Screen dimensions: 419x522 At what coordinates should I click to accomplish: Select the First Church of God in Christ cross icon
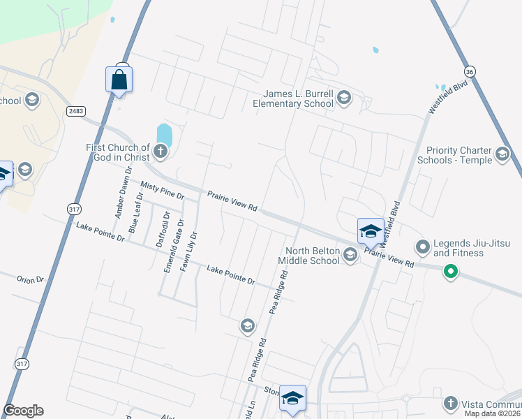click(x=161, y=151)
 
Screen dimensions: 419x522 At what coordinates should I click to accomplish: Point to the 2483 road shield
click(x=76, y=111)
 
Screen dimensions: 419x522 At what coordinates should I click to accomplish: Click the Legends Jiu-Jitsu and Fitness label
click(x=472, y=247)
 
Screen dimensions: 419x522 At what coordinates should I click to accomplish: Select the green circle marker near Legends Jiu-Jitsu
click(x=451, y=271)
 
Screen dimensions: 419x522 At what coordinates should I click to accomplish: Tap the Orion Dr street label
click(x=30, y=279)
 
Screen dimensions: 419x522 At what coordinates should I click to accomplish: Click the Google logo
click(x=23, y=411)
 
